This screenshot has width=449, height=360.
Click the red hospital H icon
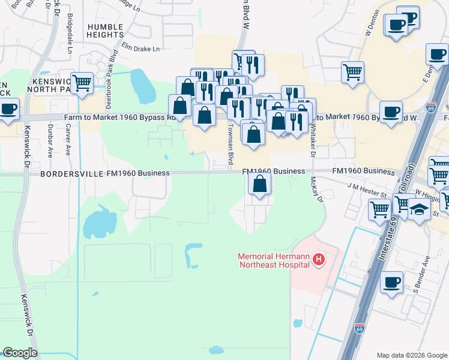point(319,260)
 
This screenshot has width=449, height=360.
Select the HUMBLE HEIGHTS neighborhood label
point(106,31)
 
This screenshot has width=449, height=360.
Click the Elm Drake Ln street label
point(141,47)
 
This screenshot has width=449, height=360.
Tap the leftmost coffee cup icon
point(8,109)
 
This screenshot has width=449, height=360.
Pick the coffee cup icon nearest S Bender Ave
point(392,282)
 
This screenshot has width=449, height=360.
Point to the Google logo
point(20,353)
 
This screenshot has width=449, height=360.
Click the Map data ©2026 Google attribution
point(412,355)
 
